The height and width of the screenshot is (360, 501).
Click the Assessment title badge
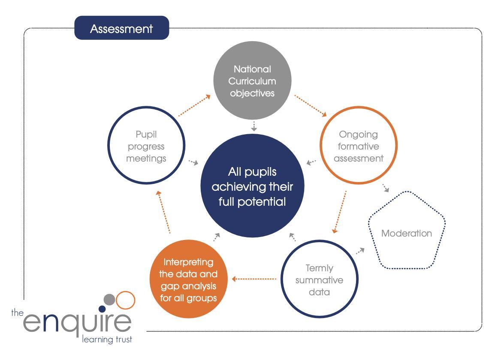coord(122,28)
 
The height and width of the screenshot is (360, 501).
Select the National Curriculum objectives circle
coord(253,80)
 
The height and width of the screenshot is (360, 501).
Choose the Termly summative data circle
coord(319,279)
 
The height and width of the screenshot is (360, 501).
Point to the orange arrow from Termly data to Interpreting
coord(254,279)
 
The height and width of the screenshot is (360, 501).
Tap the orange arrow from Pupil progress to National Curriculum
coord(194,105)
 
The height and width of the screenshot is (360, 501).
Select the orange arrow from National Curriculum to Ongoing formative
coord(311,105)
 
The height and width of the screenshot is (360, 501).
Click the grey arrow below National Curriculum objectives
coord(254,126)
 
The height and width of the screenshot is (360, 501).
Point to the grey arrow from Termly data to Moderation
coord(360,251)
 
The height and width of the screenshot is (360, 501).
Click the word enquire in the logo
coord(77,324)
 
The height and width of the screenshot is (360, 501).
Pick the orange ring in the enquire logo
coord(126,300)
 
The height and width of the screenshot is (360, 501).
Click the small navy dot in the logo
coord(102,309)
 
